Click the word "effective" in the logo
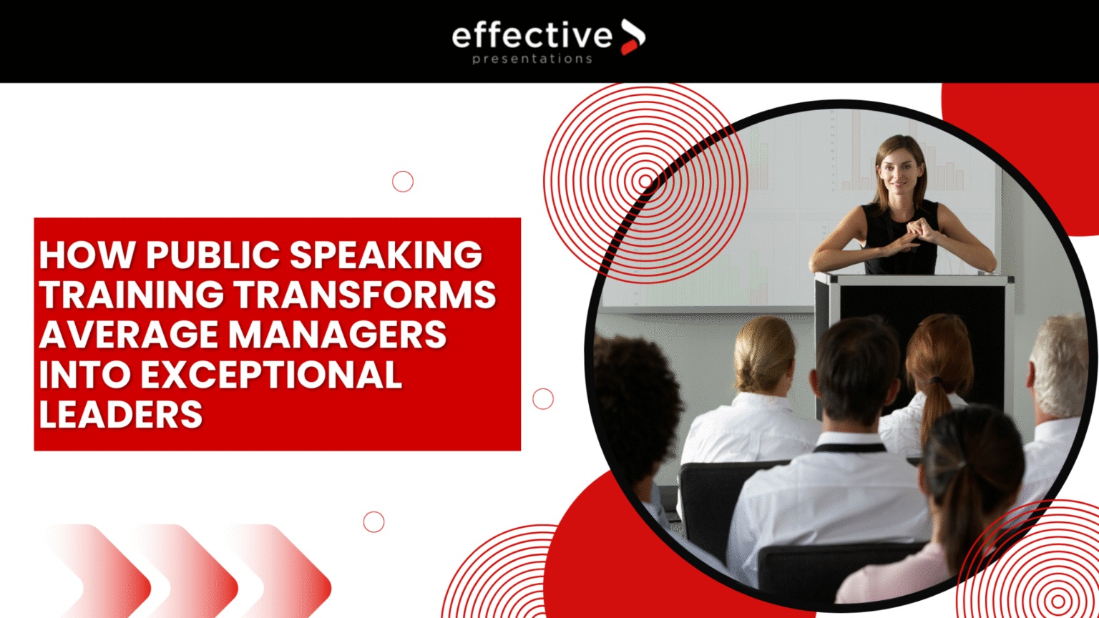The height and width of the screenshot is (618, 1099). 532,35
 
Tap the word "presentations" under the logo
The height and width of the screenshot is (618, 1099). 532,59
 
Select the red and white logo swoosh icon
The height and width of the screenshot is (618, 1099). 633,36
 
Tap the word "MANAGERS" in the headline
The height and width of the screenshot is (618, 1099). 338,334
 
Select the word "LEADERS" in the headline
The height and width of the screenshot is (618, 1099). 121,414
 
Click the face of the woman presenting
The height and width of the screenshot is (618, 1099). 901,174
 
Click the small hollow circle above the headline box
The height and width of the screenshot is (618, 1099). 403,182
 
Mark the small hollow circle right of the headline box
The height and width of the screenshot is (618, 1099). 543,398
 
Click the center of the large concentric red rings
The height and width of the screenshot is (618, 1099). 645,182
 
